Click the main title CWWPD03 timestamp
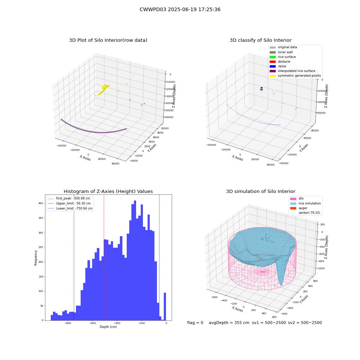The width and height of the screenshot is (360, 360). pyautogui.click(x=180, y=9)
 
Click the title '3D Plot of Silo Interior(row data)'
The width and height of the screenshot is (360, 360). pyautogui.click(x=108, y=40)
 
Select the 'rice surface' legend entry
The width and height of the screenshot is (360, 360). pyautogui.click(x=283, y=57)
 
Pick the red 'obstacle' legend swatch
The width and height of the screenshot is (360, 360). pyautogui.click(x=273, y=62)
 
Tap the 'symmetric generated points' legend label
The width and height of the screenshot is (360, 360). pyautogui.click(x=299, y=76)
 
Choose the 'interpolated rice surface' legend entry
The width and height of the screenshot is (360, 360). pyautogui.click(x=292, y=71)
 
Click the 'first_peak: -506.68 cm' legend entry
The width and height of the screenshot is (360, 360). pyautogui.click(x=69, y=198)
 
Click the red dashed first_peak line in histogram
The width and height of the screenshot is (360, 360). pyautogui.click(x=104, y=258)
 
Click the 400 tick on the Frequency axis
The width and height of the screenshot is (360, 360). pyautogui.click(x=41, y=203)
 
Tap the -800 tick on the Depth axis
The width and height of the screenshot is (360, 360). pyautogui.click(x=68, y=323)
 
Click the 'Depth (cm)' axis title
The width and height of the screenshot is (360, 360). pyautogui.click(x=108, y=327)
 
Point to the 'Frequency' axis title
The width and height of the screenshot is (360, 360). pyautogui.click(x=36, y=258)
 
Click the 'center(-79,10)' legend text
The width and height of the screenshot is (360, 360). pyautogui.click(x=309, y=213)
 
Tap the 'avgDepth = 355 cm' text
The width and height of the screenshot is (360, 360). pyautogui.click(x=229, y=323)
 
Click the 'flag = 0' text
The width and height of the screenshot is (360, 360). pyautogui.click(x=195, y=323)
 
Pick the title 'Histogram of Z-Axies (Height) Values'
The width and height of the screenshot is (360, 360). pyautogui.click(x=108, y=192)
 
